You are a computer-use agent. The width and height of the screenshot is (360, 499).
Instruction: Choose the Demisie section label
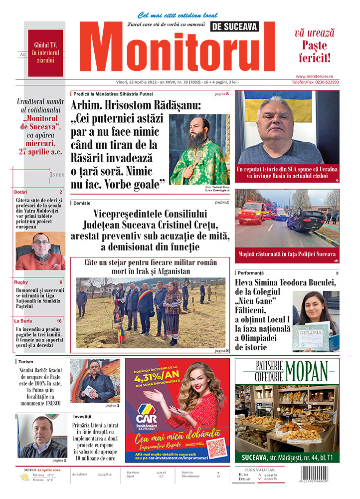pos(82,203)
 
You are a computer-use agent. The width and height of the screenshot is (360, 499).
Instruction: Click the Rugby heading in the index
pos(21,282)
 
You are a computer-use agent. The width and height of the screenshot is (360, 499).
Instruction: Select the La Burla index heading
pos(23,321)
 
